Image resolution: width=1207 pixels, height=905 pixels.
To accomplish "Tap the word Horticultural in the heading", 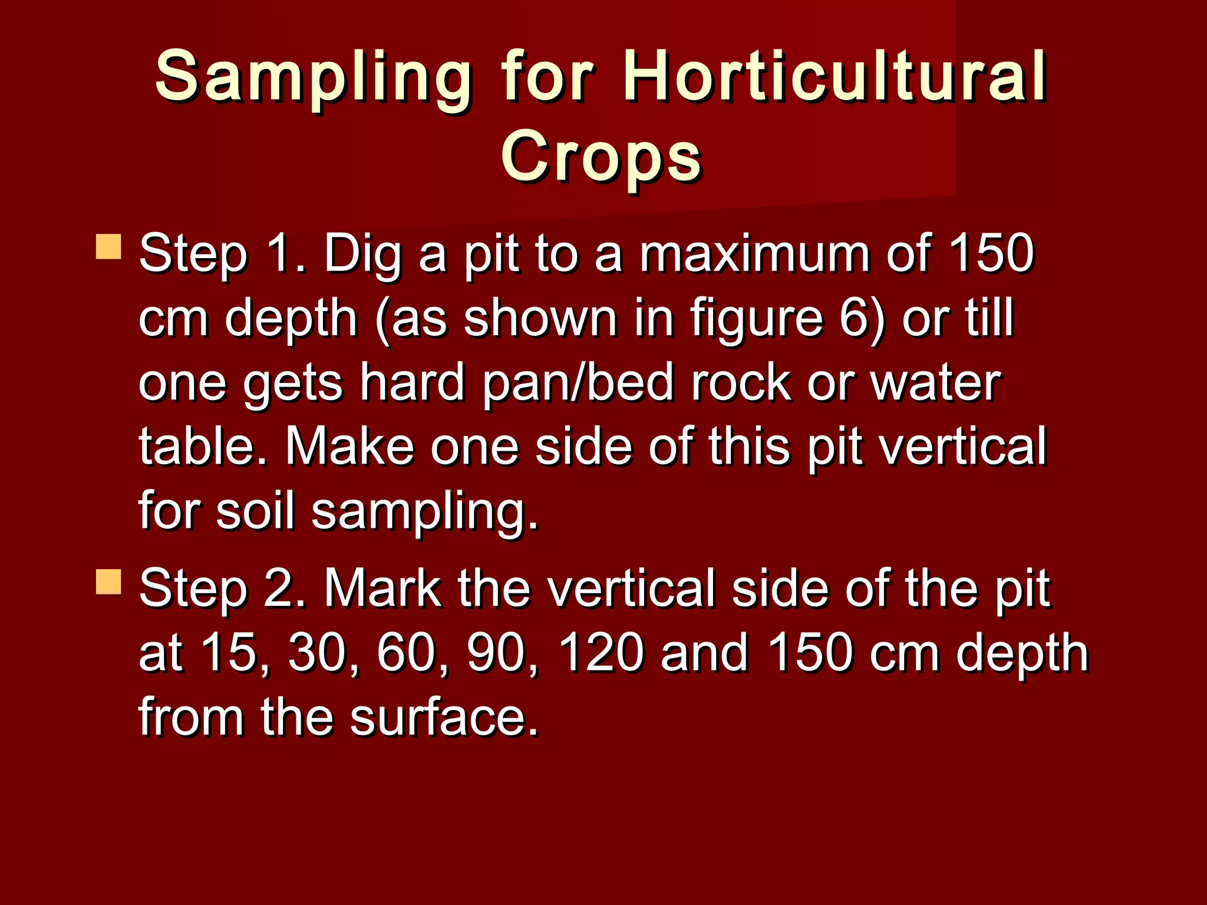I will pyautogui.click(x=835, y=77).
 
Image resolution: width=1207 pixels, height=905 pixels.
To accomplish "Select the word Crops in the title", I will pyautogui.click(x=601, y=157).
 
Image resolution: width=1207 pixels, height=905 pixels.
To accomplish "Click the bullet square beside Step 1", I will pyautogui.click(x=108, y=247).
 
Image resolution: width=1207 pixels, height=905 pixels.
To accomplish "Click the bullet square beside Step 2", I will pyautogui.click(x=108, y=582).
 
